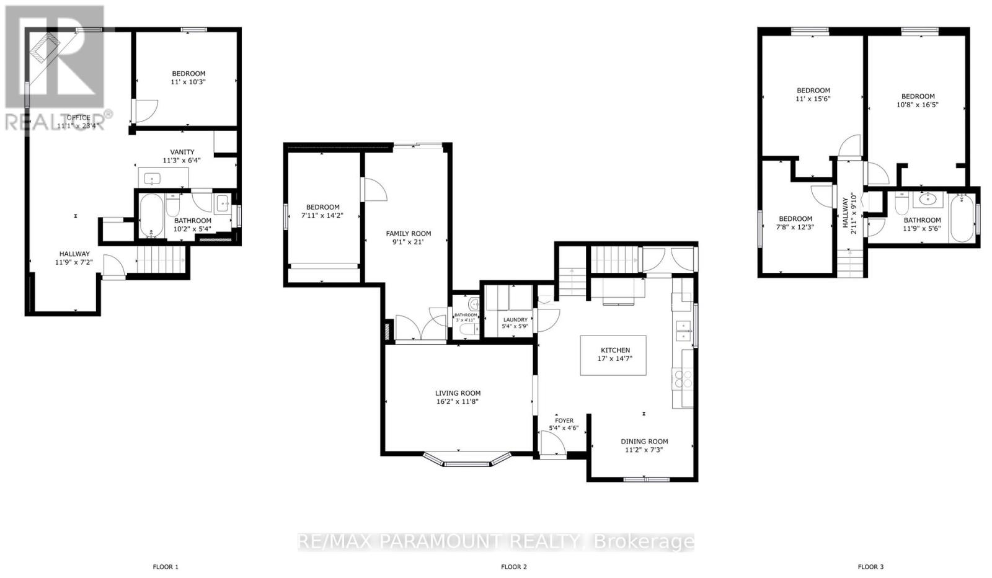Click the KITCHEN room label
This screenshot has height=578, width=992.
[x=615, y=350]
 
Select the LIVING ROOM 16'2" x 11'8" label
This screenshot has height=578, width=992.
[x=458, y=397]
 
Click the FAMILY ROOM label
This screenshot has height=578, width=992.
[x=408, y=234]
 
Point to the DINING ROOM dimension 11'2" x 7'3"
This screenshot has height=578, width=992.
[x=644, y=450]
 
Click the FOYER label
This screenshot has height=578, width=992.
[x=564, y=420]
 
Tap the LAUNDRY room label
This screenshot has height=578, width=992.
[x=515, y=320]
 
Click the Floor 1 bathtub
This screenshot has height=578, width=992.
[x=151, y=216]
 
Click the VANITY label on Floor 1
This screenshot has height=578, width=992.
[x=182, y=152]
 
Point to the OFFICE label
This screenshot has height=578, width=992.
[x=78, y=117]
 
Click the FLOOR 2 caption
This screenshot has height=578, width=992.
[x=513, y=566]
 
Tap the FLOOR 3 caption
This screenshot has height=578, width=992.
[x=870, y=566]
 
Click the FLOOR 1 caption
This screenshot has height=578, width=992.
[x=166, y=566]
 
